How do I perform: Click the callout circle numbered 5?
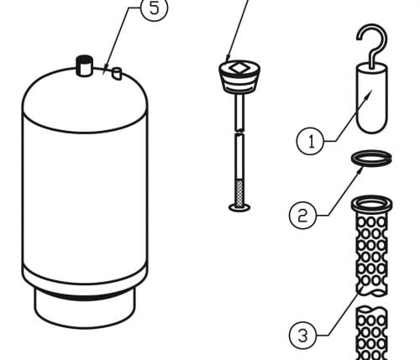point(155,8)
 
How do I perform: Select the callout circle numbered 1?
point(311,141)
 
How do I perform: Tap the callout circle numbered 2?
point(303,216)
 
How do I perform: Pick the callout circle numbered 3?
point(303,336)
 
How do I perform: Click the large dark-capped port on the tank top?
point(84,65)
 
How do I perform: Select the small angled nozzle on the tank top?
point(117,74)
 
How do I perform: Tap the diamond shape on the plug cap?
point(239,67)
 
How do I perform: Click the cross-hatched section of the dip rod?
point(239,193)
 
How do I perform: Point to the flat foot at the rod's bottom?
point(239,208)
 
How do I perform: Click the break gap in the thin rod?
point(239,132)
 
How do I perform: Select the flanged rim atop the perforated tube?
point(371,203)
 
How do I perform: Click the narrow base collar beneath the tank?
point(85,308)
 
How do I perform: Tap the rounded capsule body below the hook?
point(372,98)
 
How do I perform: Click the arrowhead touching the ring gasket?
point(360,170)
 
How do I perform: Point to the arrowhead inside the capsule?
point(369,94)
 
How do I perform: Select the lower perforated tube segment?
point(371,333)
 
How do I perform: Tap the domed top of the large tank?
point(85,99)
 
